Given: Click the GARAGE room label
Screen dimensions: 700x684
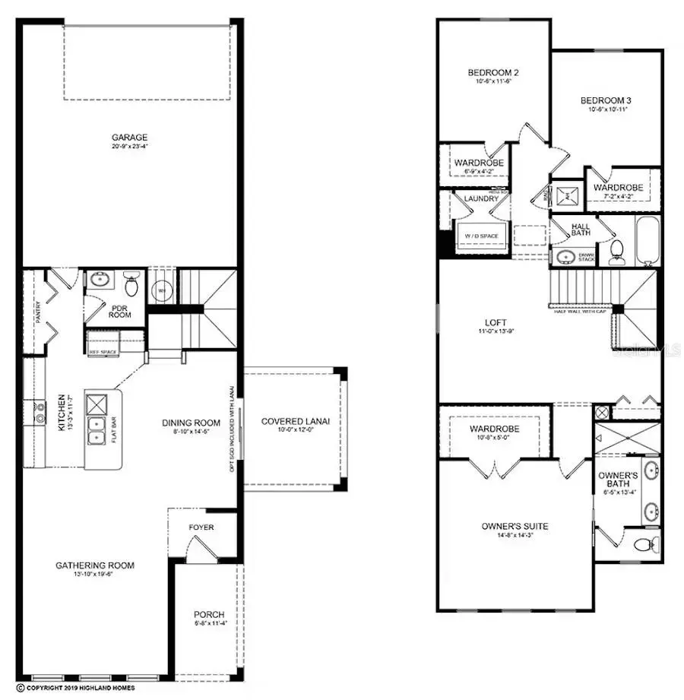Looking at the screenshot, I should click(129, 138).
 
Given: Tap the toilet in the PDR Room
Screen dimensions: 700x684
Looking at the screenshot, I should click(131, 286).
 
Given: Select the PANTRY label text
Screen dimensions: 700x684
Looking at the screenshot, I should click(38, 312).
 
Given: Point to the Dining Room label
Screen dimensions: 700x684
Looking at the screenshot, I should click(191, 423).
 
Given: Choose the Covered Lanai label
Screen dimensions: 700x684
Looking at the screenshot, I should click(295, 422).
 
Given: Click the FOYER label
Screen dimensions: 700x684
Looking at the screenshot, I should click(201, 527).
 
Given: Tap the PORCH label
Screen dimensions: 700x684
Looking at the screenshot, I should click(208, 614).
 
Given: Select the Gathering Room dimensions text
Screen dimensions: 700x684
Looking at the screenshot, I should click(94, 575).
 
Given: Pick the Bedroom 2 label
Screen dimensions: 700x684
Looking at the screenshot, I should click(492, 73).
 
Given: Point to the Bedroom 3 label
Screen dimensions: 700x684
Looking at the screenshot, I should click(606, 100).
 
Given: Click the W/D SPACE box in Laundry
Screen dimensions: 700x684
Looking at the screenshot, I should click(481, 236).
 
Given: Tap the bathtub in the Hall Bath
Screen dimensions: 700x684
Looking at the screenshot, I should click(648, 240).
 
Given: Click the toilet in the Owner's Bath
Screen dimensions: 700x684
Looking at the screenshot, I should click(644, 543).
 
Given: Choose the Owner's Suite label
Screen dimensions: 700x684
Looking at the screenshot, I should click(515, 526).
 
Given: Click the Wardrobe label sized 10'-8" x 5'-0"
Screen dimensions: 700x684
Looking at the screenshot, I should click(495, 429).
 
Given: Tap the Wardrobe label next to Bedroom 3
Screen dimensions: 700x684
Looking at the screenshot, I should click(618, 187).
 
